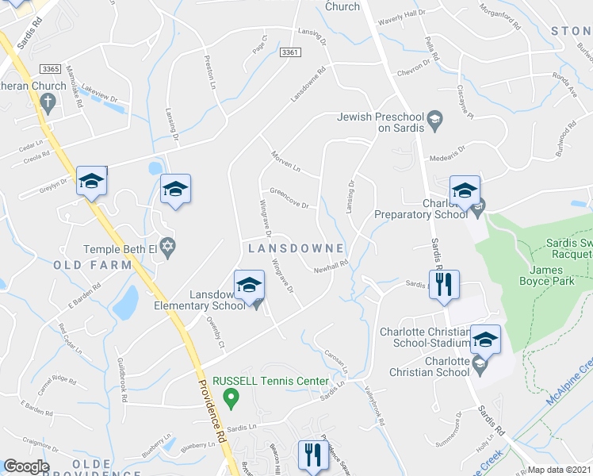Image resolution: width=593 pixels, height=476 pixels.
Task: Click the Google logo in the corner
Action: point(26,466)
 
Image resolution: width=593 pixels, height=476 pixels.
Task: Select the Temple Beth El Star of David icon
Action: point(166,250)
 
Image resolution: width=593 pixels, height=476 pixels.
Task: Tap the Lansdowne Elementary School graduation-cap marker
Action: point(249,286)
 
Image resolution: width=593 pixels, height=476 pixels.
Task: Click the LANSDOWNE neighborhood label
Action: point(295,248)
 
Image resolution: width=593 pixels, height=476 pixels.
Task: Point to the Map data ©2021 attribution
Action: point(558,470)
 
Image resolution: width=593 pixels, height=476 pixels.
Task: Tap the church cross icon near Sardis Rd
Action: point(47,102)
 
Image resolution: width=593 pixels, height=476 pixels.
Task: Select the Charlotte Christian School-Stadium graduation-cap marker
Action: point(485,340)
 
